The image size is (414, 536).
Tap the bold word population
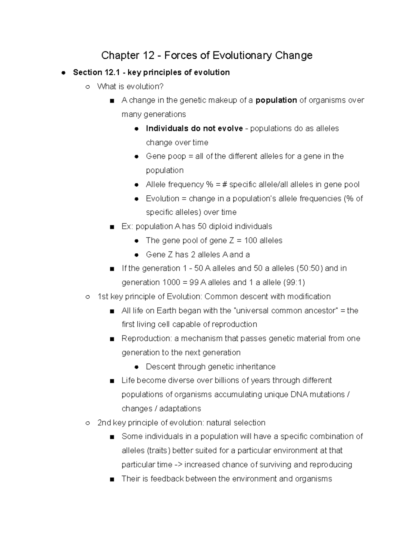(x=276, y=100)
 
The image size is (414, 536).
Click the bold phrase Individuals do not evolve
(x=194, y=128)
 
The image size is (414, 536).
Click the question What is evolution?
(x=130, y=86)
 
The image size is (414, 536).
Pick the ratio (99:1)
(x=294, y=283)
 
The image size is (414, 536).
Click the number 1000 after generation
(x=171, y=283)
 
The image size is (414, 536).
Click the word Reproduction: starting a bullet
(x=147, y=339)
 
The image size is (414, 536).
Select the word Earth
(x=166, y=311)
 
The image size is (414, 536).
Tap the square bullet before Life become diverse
(x=111, y=381)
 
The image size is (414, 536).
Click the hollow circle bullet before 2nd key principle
(x=88, y=423)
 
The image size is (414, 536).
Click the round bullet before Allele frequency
(x=137, y=185)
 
